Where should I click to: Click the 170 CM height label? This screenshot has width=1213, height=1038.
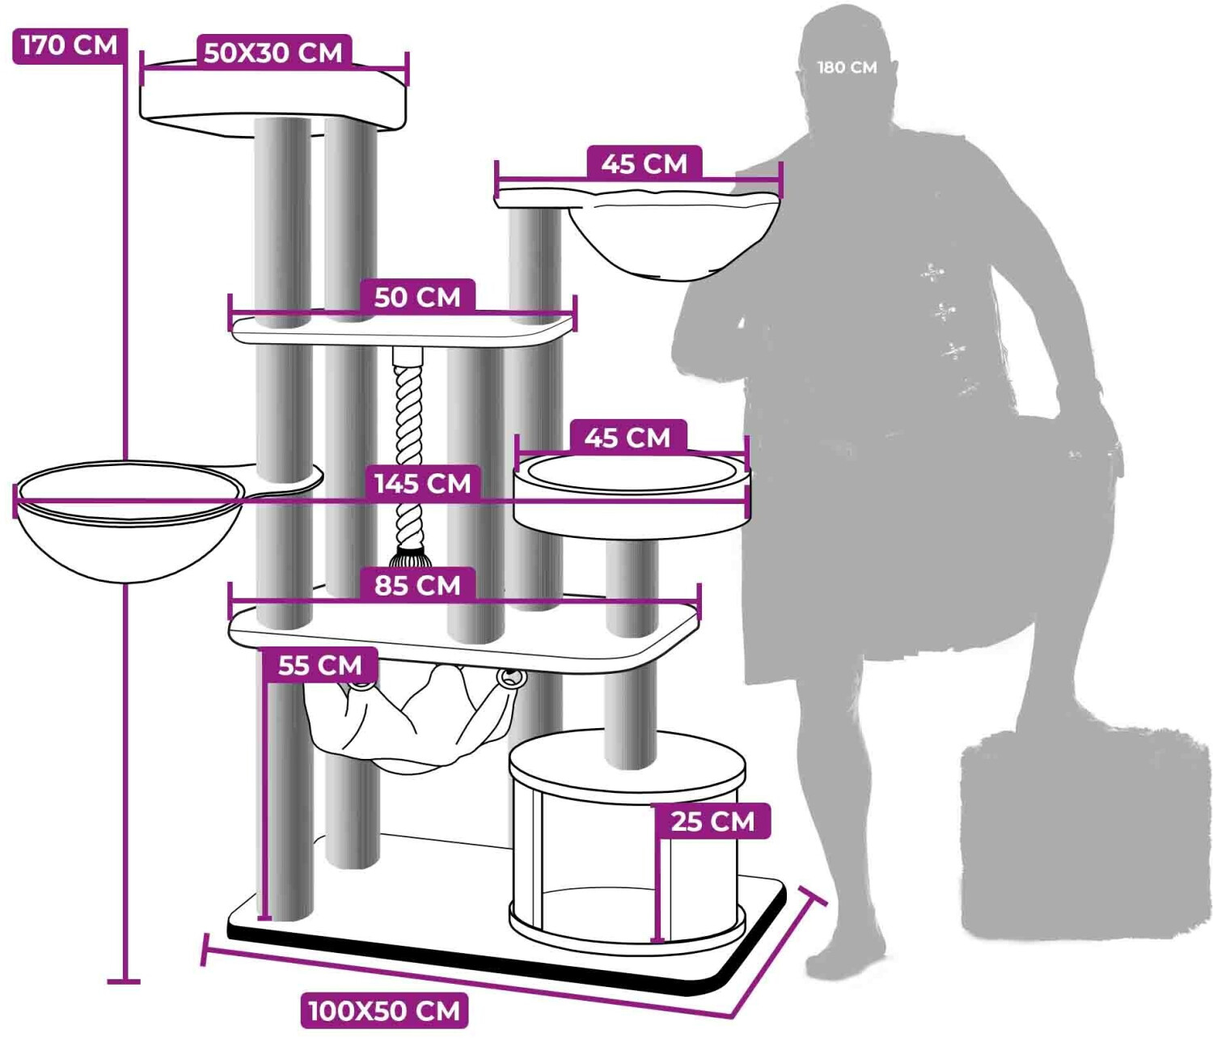click(x=70, y=45)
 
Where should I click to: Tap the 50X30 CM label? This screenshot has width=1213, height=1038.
click(x=273, y=53)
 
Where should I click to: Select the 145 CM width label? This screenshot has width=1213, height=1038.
click(x=421, y=483)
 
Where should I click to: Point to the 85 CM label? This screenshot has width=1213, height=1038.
click(x=417, y=584)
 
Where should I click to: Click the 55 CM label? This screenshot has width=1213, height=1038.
click(x=319, y=665)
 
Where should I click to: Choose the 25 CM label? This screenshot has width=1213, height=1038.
click(x=712, y=821)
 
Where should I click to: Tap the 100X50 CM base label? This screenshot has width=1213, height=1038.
click(x=384, y=1010)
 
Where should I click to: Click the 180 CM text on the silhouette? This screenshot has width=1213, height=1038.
click(x=847, y=68)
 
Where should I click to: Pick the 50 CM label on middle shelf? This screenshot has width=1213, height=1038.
click(x=417, y=297)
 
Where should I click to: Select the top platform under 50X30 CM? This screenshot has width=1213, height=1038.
click(x=273, y=97)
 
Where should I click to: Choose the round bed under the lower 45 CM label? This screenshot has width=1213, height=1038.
click(x=631, y=494)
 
